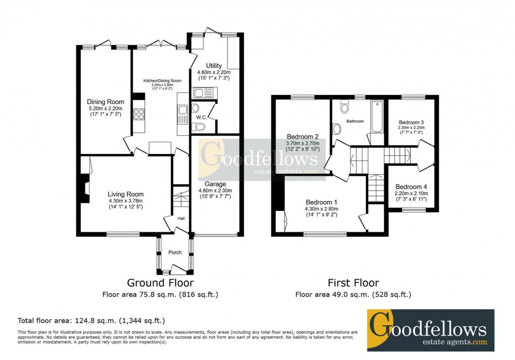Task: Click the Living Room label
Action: [125, 194]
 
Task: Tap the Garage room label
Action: [215, 184]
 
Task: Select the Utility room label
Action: [214, 66]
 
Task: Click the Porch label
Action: [175, 252]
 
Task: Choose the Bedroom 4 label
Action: [411, 186]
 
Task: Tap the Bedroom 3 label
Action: [411, 122]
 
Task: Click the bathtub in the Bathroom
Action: [377, 117]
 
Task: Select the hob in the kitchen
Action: [139, 115]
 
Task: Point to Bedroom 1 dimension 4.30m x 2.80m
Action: [321, 209]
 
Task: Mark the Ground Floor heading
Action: [160, 283]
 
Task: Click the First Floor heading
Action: [353, 283]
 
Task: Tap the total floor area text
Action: [91, 320]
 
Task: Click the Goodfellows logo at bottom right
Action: [430, 330]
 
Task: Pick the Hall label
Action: [181, 219]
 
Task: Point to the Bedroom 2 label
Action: [302, 137]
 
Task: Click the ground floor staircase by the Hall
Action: [180, 197]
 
